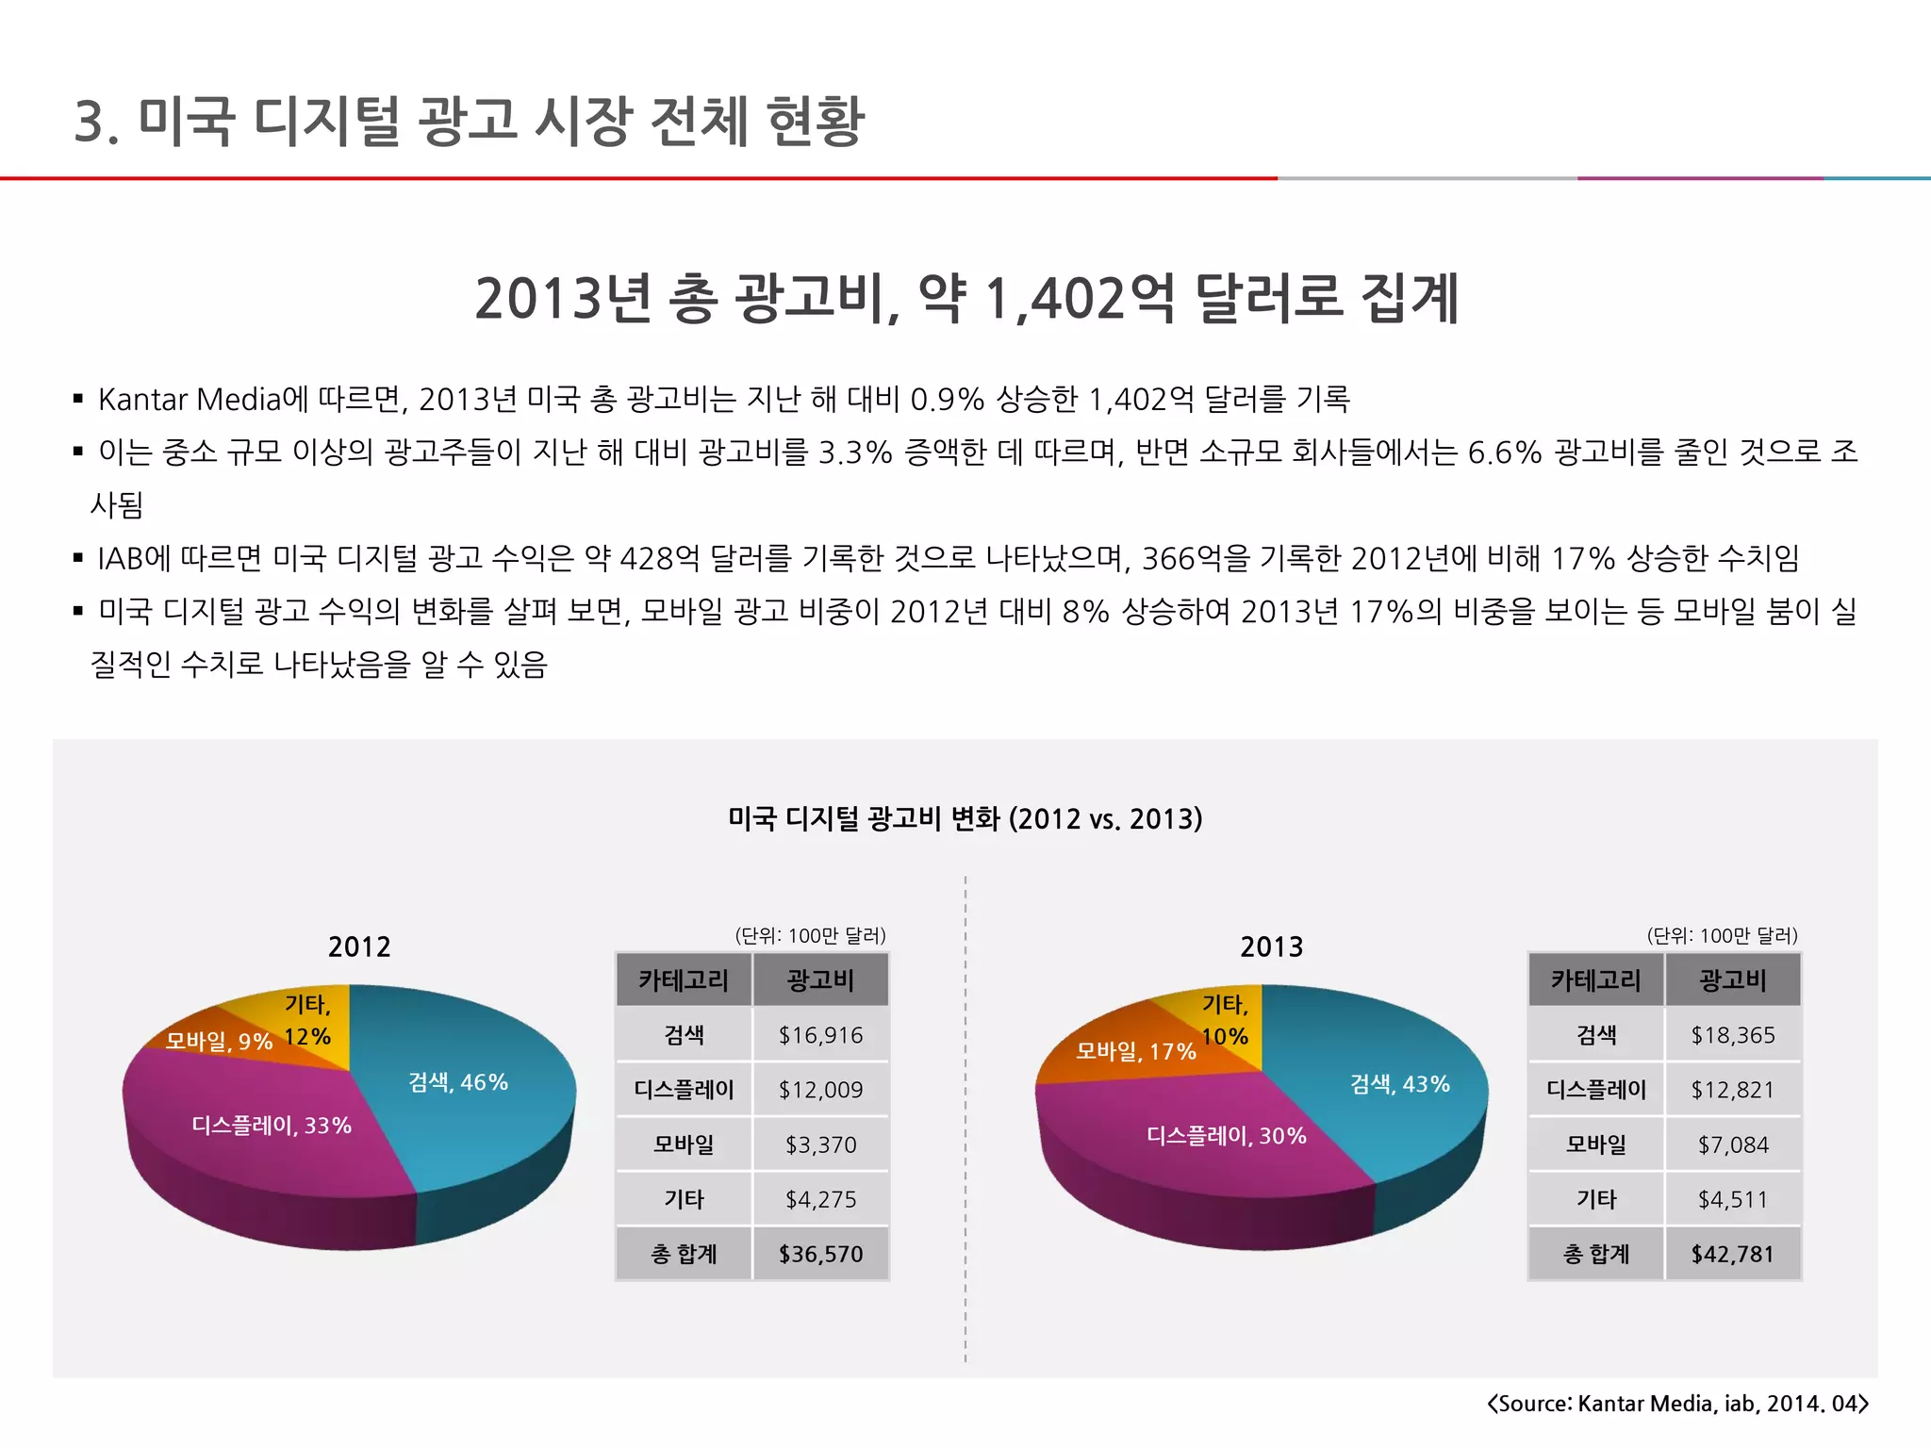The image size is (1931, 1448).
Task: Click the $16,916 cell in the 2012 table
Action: [x=820, y=1035]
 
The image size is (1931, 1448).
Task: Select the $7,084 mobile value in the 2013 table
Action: [x=1733, y=1144]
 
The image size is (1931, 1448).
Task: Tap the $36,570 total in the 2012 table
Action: [x=820, y=1254]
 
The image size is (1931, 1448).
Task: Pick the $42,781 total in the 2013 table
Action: [x=1733, y=1254]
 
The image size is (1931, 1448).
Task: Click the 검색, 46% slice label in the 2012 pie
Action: [x=458, y=1082]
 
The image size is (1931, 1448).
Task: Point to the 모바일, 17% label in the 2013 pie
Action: [x=1136, y=1051]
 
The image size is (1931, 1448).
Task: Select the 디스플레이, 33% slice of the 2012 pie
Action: [x=272, y=1126]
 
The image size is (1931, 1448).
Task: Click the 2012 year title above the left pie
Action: [x=359, y=946]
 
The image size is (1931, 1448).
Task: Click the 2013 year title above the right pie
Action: [x=1271, y=946]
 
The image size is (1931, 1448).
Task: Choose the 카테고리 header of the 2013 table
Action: [x=1596, y=980]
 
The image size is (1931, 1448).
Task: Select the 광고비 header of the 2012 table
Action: [x=820, y=980]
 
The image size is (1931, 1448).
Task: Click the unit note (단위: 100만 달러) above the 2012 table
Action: [x=810, y=935]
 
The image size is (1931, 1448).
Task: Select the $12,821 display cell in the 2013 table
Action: [x=1733, y=1090]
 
